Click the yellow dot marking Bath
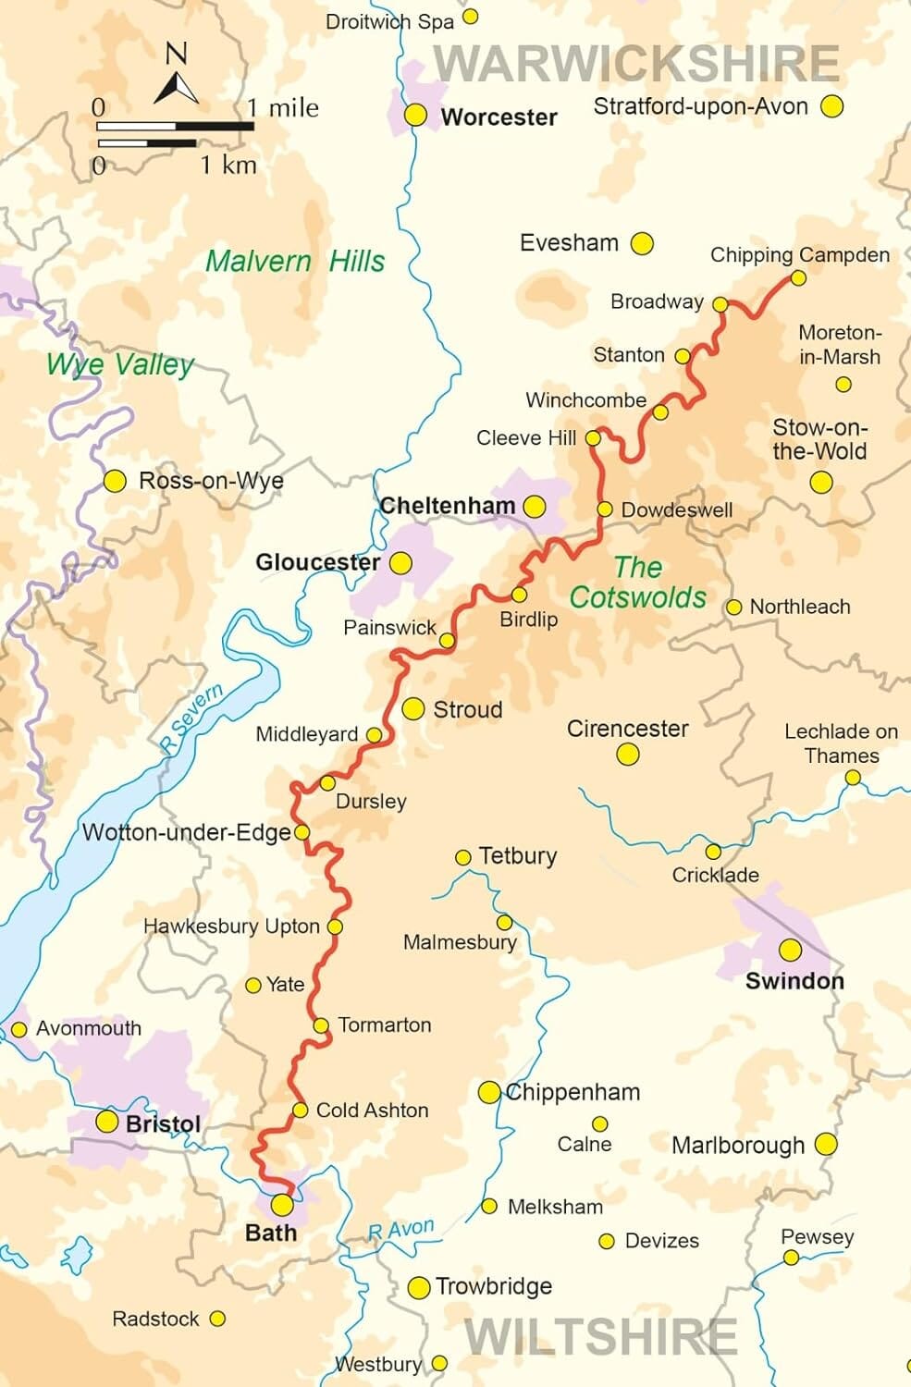pyautogui.click(x=282, y=1205)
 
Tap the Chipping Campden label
pyautogui.click(x=799, y=255)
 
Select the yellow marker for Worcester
pyautogui.click(x=416, y=115)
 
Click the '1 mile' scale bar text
pyautogui.click(x=283, y=108)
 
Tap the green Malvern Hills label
pyautogui.click(x=295, y=262)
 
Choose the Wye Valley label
pyautogui.click(x=120, y=364)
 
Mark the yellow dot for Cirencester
pyautogui.click(x=628, y=755)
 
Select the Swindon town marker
pyautogui.click(x=790, y=950)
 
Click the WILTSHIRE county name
pyautogui.click(x=600, y=1337)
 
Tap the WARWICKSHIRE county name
pyautogui.click(x=637, y=64)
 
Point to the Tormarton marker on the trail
pyautogui.click(x=321, y=1025)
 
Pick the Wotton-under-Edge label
pyautogui.click(x=187, y=832)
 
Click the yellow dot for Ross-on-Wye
pyautogui.click(x=115, y=481)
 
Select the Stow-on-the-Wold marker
pyautogui.click(x=821, y=482)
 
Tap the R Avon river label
pyautogui.click(x=400, y=1230)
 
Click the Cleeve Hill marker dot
pyautogui.click(x=593, y=438)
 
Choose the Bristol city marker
pyautogui.click(x=107, y=1123)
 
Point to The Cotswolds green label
pyautogui.click(x=638, y=583)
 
